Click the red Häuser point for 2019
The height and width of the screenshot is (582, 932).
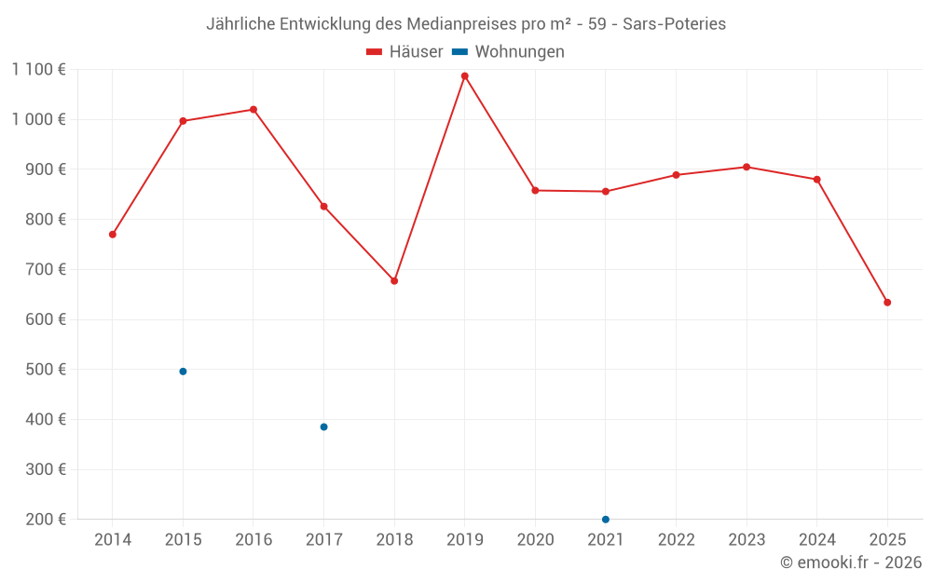[464, 76]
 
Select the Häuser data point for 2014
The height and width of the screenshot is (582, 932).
[113, 235]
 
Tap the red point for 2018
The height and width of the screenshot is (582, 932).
[394, 281]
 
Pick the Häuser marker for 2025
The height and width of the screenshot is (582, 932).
[887, 303]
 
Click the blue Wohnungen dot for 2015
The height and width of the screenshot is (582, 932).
[183, 372]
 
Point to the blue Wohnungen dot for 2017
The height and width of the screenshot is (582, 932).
[323, 427]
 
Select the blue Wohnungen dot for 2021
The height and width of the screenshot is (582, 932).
[606, 520]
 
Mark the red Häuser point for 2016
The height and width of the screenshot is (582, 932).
[254, 110]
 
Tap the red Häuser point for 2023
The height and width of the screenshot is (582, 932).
[747, 168]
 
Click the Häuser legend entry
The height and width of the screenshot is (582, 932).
[405, 52]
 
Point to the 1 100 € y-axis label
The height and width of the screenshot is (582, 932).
[38, 70]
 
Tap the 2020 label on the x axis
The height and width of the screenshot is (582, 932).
[535, 540]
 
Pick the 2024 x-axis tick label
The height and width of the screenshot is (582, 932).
[817, 540]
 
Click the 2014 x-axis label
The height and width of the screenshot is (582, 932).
[113, 540]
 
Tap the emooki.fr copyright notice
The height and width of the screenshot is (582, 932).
[850, 562]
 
